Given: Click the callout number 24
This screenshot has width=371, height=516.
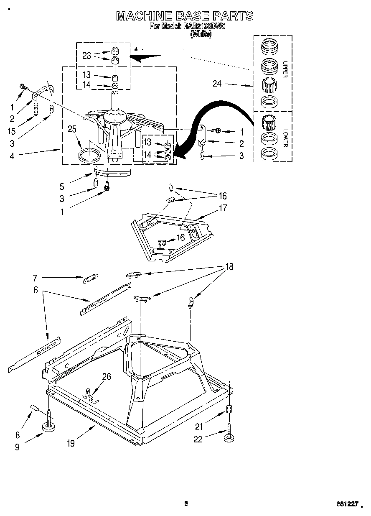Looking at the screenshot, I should [217, 84].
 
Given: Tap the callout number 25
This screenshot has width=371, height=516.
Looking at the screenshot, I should [72, 130].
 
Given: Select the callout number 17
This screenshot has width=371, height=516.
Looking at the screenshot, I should [223, 207].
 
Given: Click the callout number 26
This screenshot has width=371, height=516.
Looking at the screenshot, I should [107, 376].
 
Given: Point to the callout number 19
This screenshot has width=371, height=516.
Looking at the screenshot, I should [71, 443].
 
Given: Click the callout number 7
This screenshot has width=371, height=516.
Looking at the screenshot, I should [35, 277].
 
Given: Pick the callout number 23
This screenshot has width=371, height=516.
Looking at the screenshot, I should [87, 55].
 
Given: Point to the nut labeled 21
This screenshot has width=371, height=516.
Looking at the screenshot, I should [229, 410].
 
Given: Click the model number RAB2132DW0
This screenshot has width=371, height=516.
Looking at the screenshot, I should [203, 26].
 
